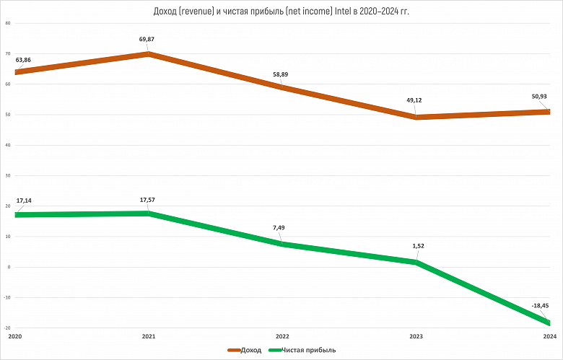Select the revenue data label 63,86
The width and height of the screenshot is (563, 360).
tap(23, 60)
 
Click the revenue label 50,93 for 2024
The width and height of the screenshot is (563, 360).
tap(538, 95)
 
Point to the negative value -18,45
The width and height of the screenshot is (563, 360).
tap(540, 306)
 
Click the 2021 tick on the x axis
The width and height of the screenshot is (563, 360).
tap(148, 337)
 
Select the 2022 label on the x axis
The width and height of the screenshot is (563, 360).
tap(282, 337)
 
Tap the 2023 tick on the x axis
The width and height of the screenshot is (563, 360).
tap(416, 337)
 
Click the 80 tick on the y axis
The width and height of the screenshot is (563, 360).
tap(7, 23)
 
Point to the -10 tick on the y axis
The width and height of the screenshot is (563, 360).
tap(7, 297)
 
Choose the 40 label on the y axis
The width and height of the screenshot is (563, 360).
tap(7, 145)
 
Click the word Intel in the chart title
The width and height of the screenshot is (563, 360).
tap(344, 10)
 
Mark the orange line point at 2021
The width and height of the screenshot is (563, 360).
tap(149, 54)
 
